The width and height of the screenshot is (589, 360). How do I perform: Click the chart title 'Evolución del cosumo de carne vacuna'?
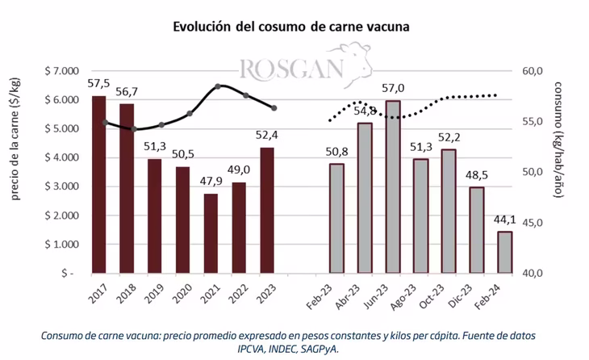[292, 27]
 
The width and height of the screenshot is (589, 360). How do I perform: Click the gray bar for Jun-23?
[393, 186]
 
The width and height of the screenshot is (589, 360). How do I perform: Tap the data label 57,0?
[393, 88]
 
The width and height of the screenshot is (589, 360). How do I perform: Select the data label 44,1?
[504, 219]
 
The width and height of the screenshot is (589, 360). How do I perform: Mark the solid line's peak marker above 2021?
[218, 86]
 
